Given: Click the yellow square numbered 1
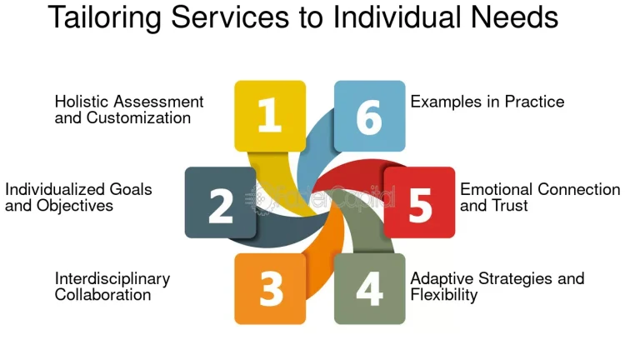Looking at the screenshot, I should coord(269,116).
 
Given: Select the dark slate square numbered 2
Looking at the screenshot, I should coord(220,202).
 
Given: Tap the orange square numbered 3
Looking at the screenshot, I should coord(269,288).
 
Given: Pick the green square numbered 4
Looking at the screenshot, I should coord(369,288).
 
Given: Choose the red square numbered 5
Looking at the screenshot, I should coord(419,202).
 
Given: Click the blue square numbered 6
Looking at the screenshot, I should coord(369,116).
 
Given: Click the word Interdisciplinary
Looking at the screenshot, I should coord(112,278).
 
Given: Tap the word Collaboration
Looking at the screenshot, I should coord(102,294).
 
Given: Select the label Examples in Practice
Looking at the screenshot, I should coord(487,102).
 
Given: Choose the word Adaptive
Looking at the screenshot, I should coord(440,278).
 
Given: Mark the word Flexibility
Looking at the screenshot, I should coord(443,295).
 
